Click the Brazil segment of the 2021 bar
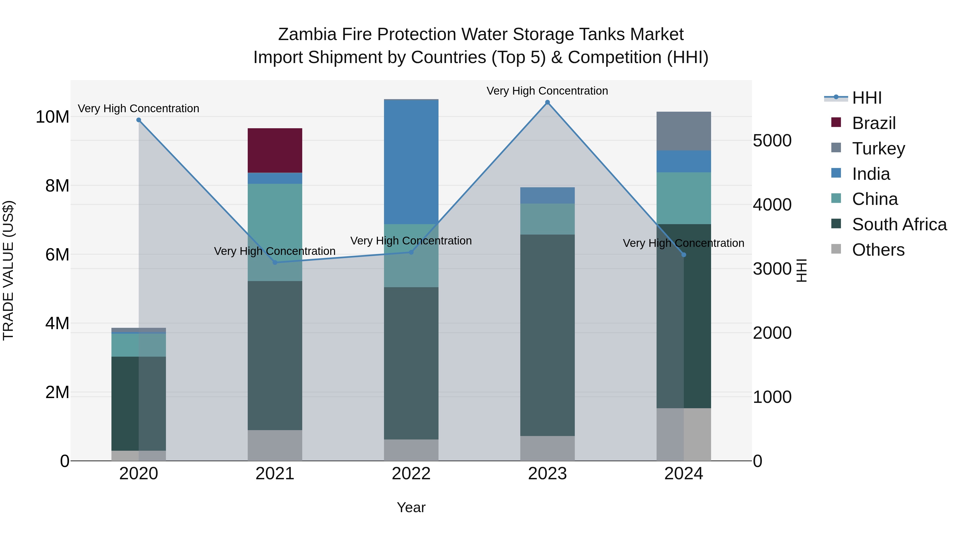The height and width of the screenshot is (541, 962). [x=275, y=150]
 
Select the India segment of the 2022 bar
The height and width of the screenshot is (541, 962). [x=411, y=162]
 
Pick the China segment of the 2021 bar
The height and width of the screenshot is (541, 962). [x=275, y=232]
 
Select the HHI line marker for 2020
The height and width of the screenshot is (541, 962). [x=138, y=120]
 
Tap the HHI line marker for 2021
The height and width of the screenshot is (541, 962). [x=275, y=262]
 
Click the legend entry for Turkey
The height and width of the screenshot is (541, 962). [x=878, y=148]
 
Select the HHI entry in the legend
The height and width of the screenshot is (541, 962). [x=866, y=98]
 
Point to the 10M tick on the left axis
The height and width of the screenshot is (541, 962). [x=52, y=117]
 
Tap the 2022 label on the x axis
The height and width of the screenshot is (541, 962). [x=411, y=474]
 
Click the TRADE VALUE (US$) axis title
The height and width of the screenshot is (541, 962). [x=8, y=270]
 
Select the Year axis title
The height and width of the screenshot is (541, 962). [x=411, y=507]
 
